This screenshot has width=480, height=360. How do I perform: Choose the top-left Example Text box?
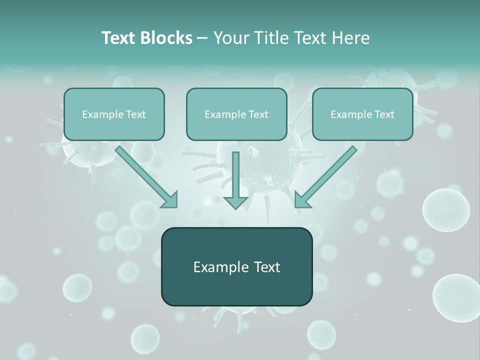point(114,114)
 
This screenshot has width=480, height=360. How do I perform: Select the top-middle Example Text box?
point(236,114)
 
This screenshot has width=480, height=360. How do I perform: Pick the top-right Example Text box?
point(362,114)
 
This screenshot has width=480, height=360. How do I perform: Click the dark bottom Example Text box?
point(236,266)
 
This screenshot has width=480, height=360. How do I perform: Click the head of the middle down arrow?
point(235,201)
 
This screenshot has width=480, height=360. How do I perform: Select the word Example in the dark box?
point(214,267)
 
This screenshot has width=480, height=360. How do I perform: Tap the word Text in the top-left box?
point(135,114)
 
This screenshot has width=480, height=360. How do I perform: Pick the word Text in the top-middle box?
point(258,114)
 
